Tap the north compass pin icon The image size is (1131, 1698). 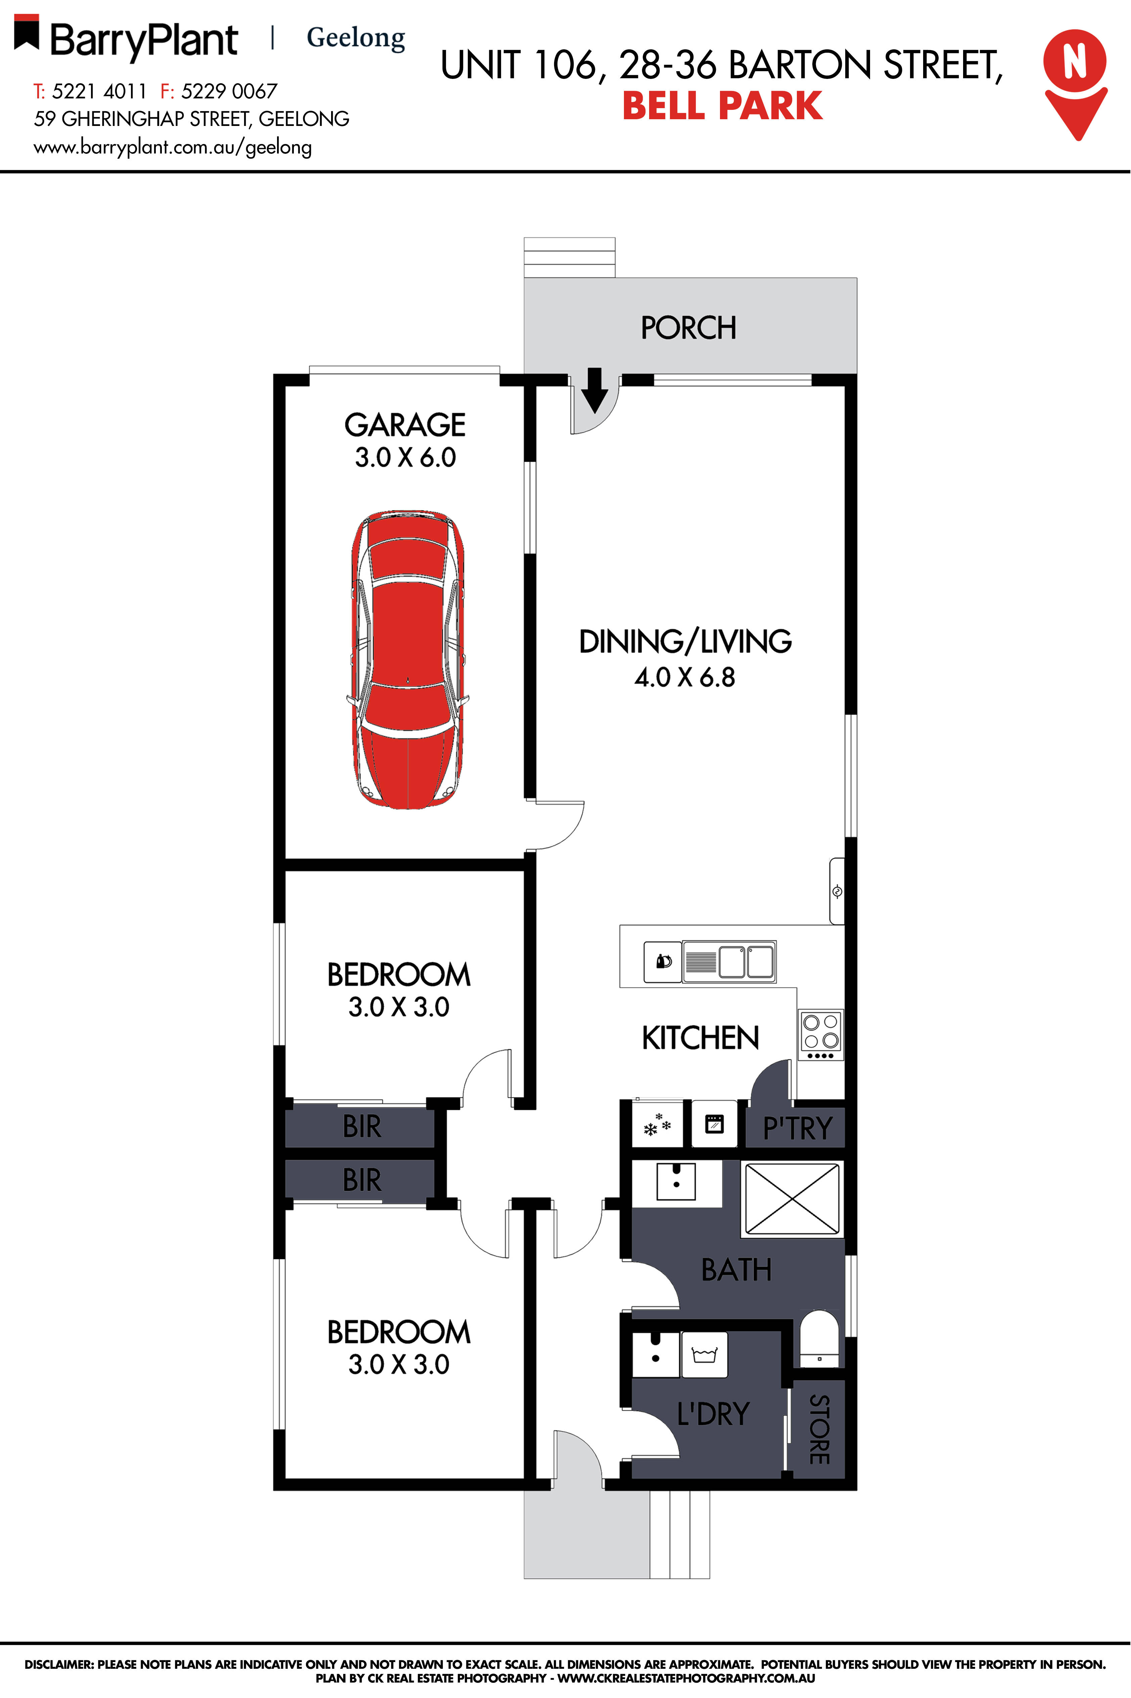(x=1075, y=83)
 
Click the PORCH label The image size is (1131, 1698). (x=689, y=328)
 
